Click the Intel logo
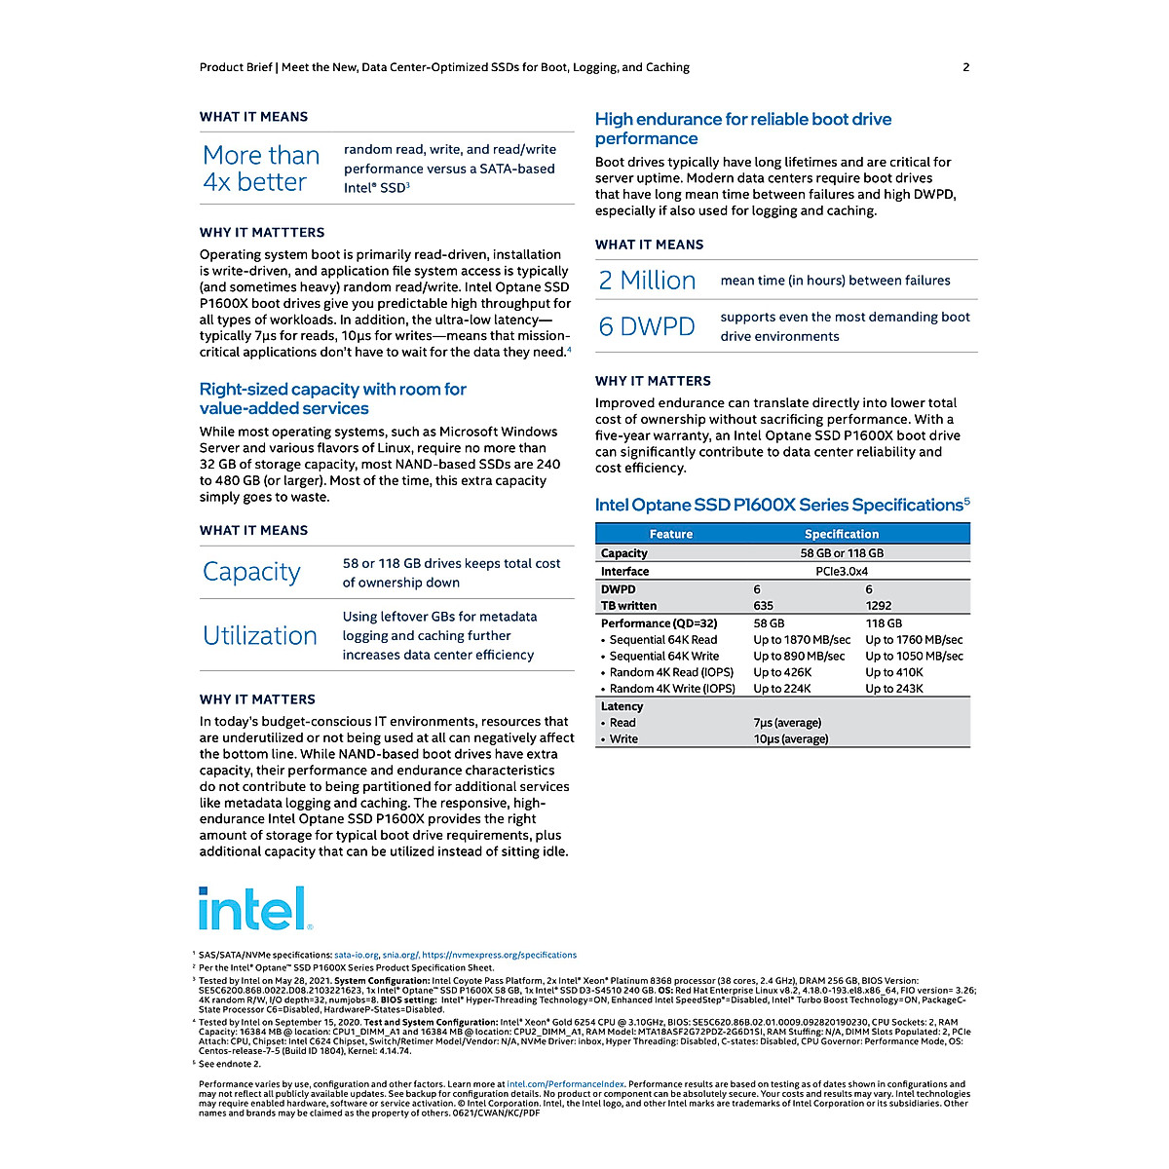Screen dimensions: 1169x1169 254,909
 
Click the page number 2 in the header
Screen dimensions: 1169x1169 965,67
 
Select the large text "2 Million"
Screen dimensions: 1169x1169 647,281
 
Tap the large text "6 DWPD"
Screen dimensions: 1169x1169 647,326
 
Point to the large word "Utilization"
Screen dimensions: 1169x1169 260,635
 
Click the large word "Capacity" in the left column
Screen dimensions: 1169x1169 251,572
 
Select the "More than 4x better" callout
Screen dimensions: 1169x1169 261,169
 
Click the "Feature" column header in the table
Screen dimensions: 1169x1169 671,534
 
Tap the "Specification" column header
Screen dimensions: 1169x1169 842,534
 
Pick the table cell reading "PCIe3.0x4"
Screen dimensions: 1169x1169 842,572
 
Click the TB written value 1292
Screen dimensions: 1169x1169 879,606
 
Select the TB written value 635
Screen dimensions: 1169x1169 764,606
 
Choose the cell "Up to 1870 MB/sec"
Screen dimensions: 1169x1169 802,640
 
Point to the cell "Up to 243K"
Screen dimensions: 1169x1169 894,689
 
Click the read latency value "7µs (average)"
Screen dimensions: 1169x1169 787,723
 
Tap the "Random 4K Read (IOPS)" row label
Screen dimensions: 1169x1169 671,672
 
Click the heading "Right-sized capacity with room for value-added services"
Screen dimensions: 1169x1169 332,398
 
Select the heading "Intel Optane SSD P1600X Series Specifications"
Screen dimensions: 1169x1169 779,505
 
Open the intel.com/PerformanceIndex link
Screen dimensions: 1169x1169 565,1084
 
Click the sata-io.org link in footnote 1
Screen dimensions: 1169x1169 356,956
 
